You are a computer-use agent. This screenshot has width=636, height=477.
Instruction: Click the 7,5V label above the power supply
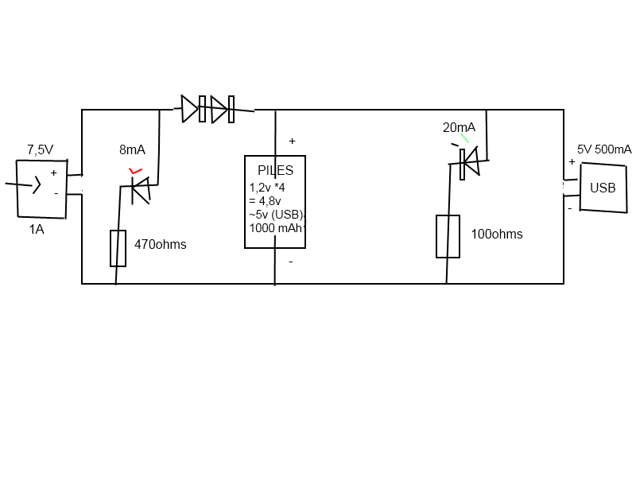pos(40,149)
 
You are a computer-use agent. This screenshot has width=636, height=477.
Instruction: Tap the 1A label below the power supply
pos(37,229)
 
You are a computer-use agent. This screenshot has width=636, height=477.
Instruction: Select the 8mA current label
pos(132,149)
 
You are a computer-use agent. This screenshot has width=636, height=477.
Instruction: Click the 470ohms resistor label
pos(160,245)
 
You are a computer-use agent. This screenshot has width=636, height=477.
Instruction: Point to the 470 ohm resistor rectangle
pos(118,248)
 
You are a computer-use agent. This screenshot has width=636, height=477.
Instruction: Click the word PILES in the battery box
pos(275,170)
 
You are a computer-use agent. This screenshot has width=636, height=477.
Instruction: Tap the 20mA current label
pos(459,127)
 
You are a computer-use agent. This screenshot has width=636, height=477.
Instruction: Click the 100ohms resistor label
pos(497,235)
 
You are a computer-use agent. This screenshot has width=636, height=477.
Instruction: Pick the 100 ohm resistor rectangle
pos(448,236)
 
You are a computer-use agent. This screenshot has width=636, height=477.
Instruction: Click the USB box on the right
pos(603,188)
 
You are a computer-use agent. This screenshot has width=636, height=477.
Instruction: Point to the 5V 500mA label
pos(604,149)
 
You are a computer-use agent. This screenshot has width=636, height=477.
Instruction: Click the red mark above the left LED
pos(136,171)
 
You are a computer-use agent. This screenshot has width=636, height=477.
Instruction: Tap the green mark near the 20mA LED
pos(464,138)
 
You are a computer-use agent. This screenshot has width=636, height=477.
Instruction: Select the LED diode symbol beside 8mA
pos(142,190)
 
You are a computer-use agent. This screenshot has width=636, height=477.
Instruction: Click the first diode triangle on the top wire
pos(189,109)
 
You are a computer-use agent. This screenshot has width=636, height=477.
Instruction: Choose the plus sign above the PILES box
pos(292,141)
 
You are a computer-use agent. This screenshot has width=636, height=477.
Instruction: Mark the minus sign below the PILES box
pos(290,261)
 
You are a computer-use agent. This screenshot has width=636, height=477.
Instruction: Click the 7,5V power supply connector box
pos(41,188)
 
